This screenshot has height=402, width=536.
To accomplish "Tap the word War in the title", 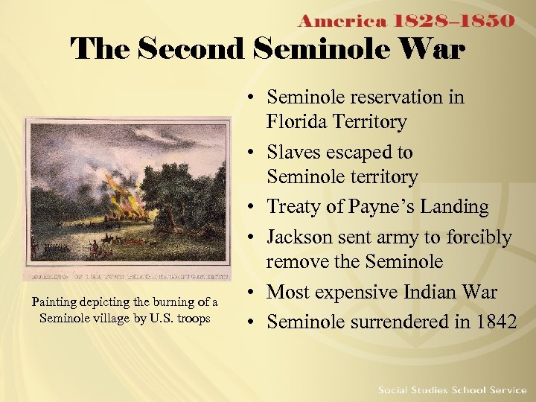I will [x=435, y=51].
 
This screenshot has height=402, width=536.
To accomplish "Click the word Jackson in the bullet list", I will [x=302, y=237].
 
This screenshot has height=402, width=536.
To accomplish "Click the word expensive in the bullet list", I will [x=363, y=293].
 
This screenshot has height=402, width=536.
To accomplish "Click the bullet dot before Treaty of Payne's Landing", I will [x=254, y=208].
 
